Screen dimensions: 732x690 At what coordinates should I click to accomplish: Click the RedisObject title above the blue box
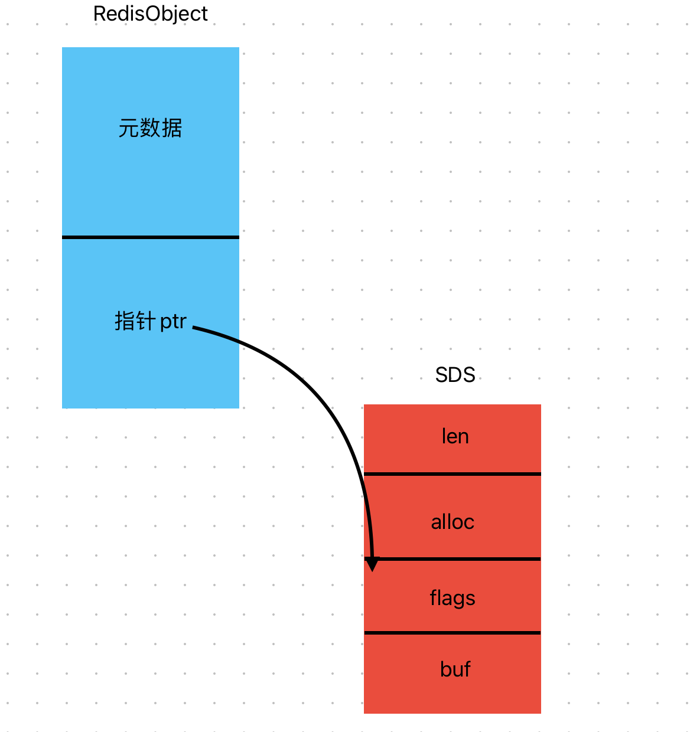151,14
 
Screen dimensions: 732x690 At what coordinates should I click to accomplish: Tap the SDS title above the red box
455,375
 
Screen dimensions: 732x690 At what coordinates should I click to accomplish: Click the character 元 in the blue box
129,128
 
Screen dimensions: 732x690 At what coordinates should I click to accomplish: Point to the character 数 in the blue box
150,128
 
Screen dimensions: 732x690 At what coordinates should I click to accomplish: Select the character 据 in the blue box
172,128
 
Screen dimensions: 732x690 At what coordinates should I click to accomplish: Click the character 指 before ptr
125,321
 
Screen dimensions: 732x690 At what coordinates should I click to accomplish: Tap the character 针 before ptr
146,321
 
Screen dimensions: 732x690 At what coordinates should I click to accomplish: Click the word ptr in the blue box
173,322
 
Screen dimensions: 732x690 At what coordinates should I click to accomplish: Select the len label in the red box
455,436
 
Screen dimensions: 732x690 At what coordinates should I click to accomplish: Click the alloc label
453,522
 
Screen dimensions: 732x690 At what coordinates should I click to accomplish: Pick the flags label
453,598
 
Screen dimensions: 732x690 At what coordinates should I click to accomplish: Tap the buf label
455,669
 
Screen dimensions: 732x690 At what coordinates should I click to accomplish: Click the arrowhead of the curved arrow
372,565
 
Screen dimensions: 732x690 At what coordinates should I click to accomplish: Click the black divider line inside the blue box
151,237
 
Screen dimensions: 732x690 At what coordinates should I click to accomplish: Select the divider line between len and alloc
453,474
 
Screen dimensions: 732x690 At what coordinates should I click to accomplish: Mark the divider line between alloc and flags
461,559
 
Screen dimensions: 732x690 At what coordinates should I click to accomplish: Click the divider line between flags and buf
453,633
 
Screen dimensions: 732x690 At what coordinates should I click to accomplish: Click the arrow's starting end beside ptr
195,328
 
